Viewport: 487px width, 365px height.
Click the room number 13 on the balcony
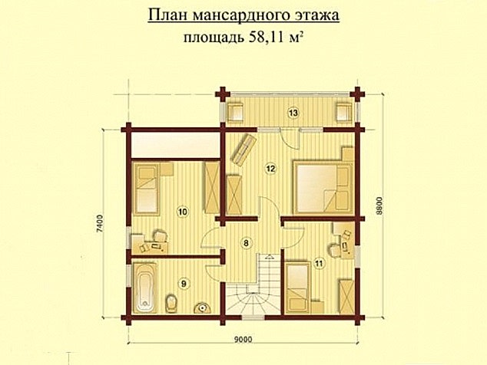pos(293,113)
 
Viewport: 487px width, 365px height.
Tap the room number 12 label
pos(270,167)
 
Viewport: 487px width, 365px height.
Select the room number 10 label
pos(182,210)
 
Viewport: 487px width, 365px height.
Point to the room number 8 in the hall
pos(246,243)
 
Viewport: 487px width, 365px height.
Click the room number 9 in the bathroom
pos(183,283)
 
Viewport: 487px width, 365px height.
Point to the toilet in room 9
pos(172,304)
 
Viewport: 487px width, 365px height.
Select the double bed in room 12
pos(322,185)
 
